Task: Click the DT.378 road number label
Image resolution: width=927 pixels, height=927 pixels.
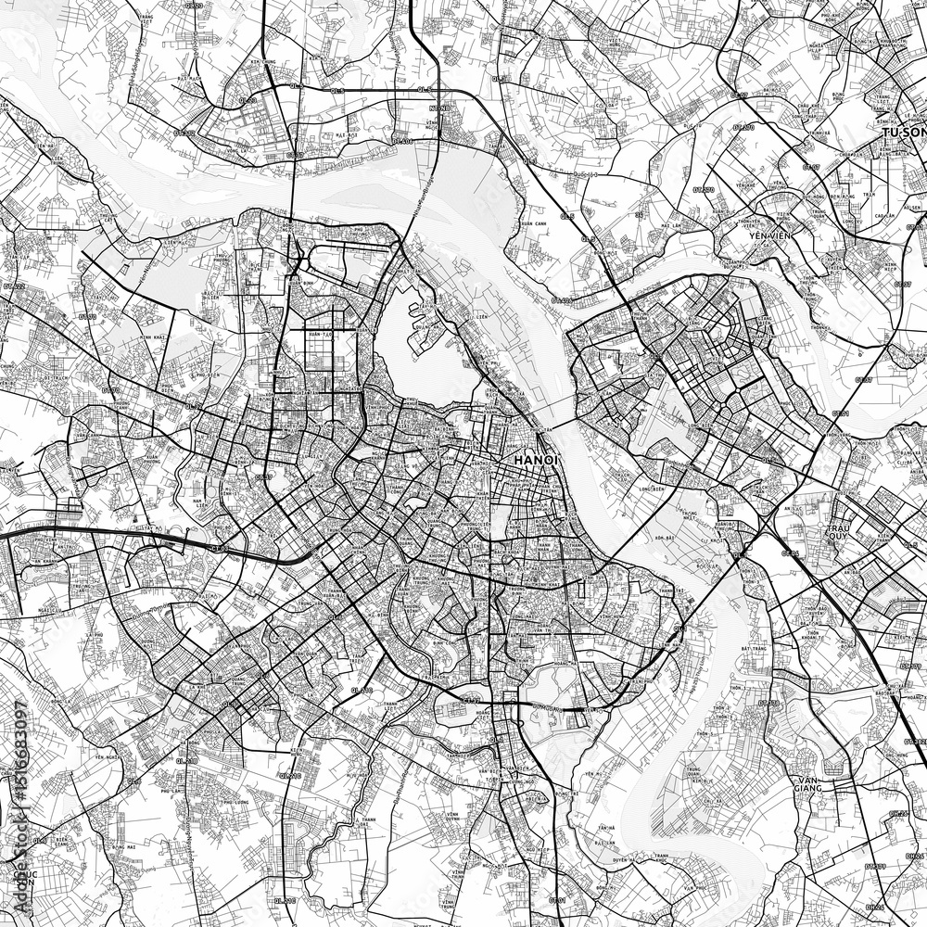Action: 769,703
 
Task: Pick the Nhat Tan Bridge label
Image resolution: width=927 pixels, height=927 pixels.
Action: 422,199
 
